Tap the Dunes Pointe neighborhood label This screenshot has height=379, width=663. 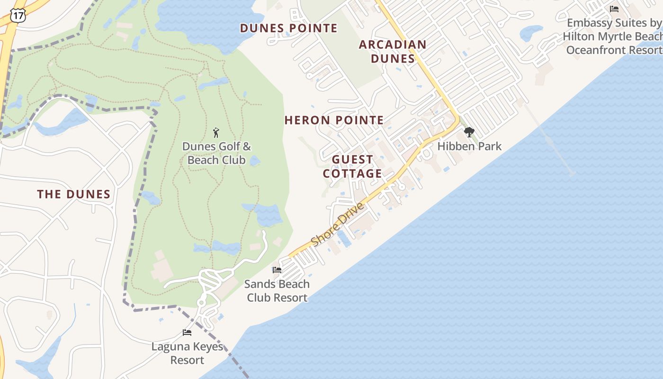coord(288,28)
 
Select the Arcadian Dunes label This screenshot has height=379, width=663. coord(393,52)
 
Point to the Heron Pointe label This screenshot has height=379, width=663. coord(334,120)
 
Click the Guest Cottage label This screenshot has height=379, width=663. coord(352,166)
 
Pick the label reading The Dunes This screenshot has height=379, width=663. coord(74,194)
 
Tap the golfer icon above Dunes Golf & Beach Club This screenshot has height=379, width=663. coord(216,132)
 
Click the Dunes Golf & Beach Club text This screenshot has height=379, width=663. coord(216,153)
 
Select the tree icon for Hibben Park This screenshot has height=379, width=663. coord(469,132)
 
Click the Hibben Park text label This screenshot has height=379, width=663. coord(469,146)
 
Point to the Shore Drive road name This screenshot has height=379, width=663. coord(338,225)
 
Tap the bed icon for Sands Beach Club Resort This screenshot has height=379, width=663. coord(277,270)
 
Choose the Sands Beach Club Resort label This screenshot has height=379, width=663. coord(277,291)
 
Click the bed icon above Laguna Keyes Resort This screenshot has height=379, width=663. coord(187,333)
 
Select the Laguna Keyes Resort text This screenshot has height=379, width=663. coord(187,353)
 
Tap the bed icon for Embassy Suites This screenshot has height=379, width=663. coord(614,9)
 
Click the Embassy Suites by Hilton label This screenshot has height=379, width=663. coord(614,36)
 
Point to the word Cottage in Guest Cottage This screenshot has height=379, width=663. coord(352,173)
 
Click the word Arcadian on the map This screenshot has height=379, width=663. coord(393,45)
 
